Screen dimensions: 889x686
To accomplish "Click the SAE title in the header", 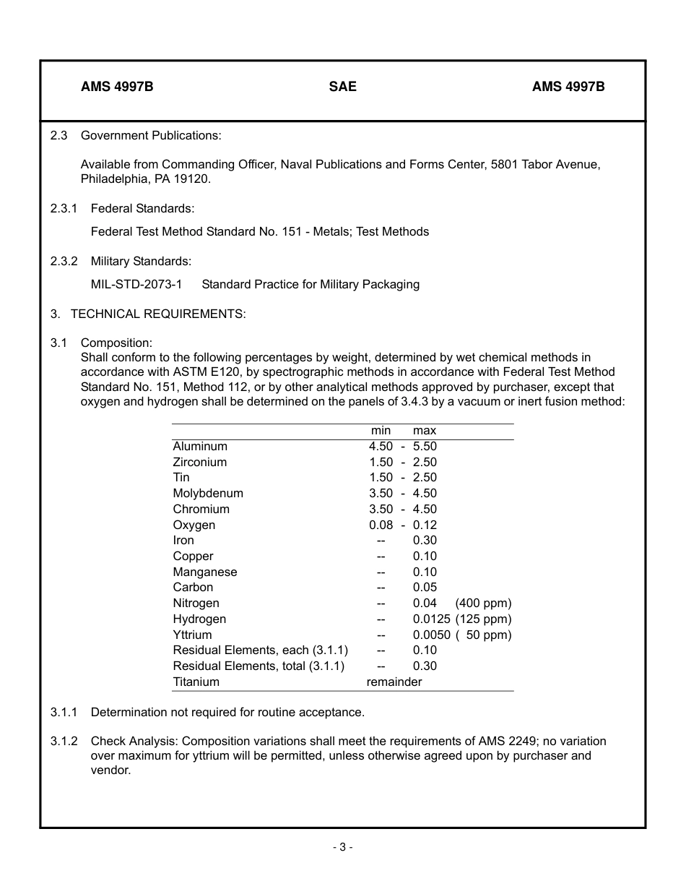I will click(342, 87).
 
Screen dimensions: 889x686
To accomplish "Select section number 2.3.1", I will click(64, 209).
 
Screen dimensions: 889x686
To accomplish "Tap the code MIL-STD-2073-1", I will click(136, 285).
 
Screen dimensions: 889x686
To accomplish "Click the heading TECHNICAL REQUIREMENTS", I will click(158, 314).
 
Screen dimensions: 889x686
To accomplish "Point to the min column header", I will click(381, 431).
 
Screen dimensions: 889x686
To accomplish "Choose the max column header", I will click(425, 431).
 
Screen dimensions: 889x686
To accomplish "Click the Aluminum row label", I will click(200, 447).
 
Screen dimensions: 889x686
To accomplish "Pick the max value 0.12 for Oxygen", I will click(425, 525).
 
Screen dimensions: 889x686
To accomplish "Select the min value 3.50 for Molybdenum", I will click(381, 494).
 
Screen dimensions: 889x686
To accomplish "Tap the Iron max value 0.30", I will click(425, 541).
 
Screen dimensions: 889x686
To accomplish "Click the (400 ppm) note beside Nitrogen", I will click(483, 604).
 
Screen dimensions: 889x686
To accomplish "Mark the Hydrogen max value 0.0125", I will click(432, 619).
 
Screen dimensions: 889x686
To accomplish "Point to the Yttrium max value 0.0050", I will click(432, 635).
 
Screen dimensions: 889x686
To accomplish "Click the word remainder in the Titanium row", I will click(394, 682).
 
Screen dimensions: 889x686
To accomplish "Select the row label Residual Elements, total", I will click(259, 666).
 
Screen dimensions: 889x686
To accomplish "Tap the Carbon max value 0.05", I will click(425, 588).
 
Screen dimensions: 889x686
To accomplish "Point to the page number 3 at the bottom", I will click(342, 847).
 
